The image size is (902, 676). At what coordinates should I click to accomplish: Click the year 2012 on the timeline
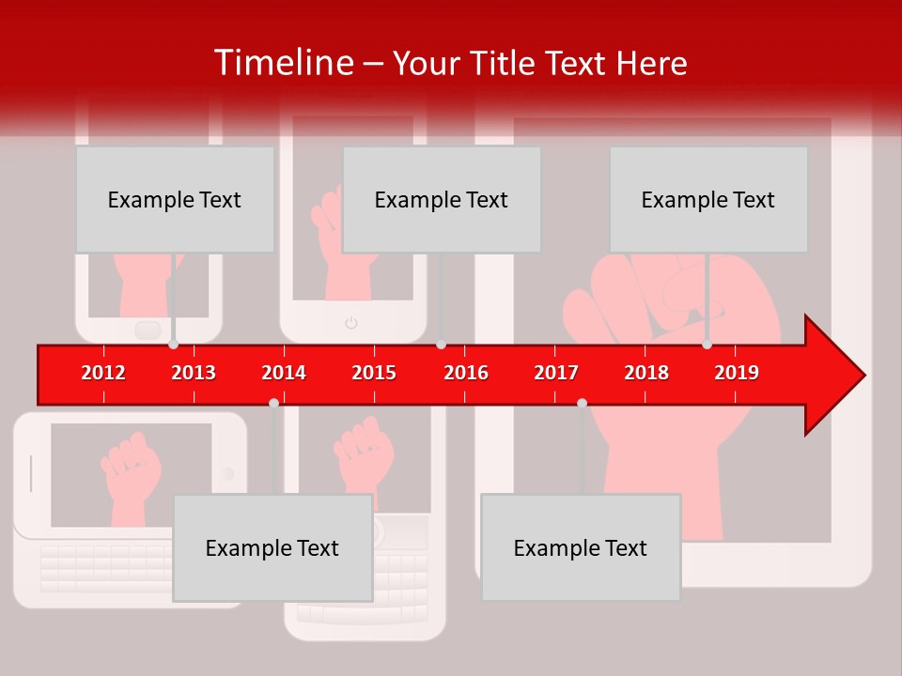[103, 373]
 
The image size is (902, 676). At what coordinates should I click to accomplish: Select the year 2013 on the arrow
[194, 373]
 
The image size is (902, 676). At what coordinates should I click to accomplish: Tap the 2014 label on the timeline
[284, 373]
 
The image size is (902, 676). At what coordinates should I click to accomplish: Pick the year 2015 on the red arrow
[374, 373]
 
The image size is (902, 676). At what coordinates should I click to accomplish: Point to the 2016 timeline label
[466, 373]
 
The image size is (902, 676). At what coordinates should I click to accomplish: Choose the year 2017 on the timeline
[556, 373]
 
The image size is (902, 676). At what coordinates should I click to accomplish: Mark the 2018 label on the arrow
[646, 373]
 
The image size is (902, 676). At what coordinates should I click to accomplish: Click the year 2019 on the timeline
[737, 373]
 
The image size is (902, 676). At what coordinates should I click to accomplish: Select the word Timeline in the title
[281, 63]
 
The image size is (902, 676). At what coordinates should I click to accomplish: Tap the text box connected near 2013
[175, 199]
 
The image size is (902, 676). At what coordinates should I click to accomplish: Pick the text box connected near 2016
[442, 199]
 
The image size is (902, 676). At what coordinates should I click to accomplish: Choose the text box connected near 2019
[708, 199]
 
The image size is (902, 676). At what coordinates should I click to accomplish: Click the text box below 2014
[272, 547]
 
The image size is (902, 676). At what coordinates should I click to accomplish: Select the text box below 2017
[581, 547]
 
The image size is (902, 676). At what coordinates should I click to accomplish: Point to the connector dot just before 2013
[174, 345]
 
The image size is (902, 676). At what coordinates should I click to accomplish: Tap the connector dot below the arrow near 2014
[273, 403]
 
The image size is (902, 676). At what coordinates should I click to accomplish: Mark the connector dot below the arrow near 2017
[582, 403]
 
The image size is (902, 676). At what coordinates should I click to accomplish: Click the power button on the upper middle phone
[351, 323]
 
